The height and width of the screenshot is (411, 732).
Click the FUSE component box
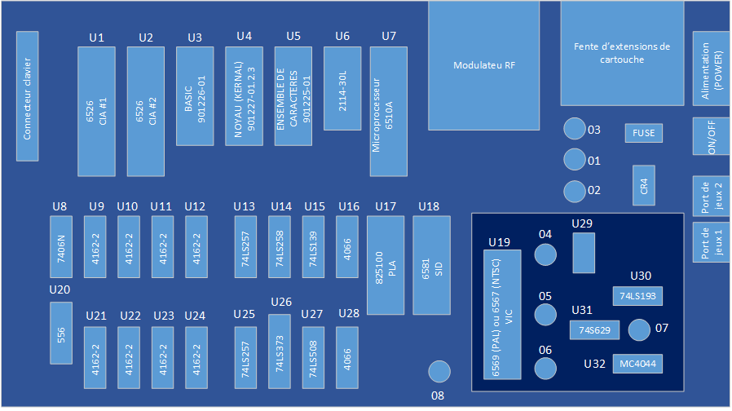click(644, 133)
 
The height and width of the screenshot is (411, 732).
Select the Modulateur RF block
click(483, 65)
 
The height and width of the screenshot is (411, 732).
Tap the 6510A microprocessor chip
click(387, 111)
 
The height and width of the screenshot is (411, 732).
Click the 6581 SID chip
click(431, 265)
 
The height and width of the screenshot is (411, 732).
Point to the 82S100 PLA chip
click(386, 265)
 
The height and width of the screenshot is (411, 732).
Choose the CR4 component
click(644, 186)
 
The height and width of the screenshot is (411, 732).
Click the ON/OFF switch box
click(711, 137)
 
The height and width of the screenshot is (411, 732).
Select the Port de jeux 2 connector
click(711, 197)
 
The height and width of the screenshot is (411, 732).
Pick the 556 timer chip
click(62, 333)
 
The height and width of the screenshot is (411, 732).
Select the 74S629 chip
click(595, 330)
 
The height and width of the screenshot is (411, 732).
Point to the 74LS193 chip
click(637, 296)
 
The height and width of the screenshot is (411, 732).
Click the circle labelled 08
click(439, 371)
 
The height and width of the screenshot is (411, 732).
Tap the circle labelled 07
click(639, 329)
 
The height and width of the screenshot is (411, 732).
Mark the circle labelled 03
click(575, 129)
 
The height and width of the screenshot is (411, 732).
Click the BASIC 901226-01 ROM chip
click(195, 96)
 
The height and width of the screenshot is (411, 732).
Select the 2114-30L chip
click(342, 88)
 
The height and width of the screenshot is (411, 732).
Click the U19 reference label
click(498, 242)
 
